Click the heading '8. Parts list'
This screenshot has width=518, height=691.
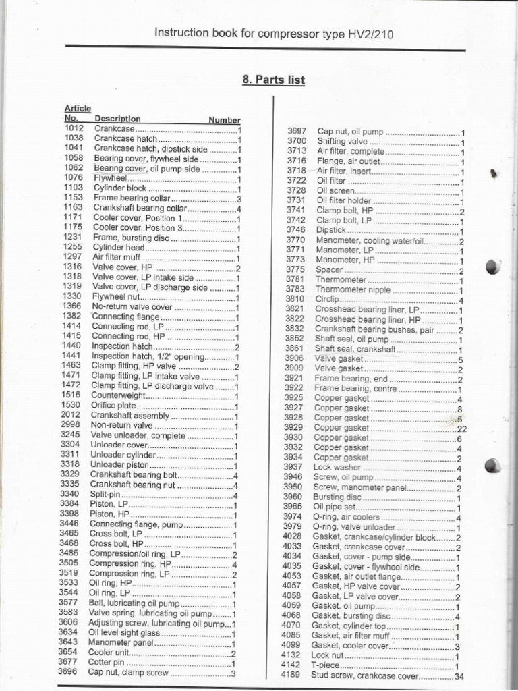coord(273,80)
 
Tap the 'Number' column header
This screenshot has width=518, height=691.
coord(224,120)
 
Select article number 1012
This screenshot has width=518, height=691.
coord(74,128)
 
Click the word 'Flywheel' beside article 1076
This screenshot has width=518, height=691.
coord(110,177)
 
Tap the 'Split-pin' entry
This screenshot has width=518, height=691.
coord(106,494)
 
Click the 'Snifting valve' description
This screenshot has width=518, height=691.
coord(342,141)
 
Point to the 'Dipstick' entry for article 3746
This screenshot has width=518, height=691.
coord(332,230)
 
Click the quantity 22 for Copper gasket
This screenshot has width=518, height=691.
coord(462,428)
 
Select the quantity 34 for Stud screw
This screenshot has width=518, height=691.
coord(460,675)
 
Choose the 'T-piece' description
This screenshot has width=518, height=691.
coord(326,665)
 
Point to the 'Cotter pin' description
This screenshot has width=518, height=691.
coord(107,662)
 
